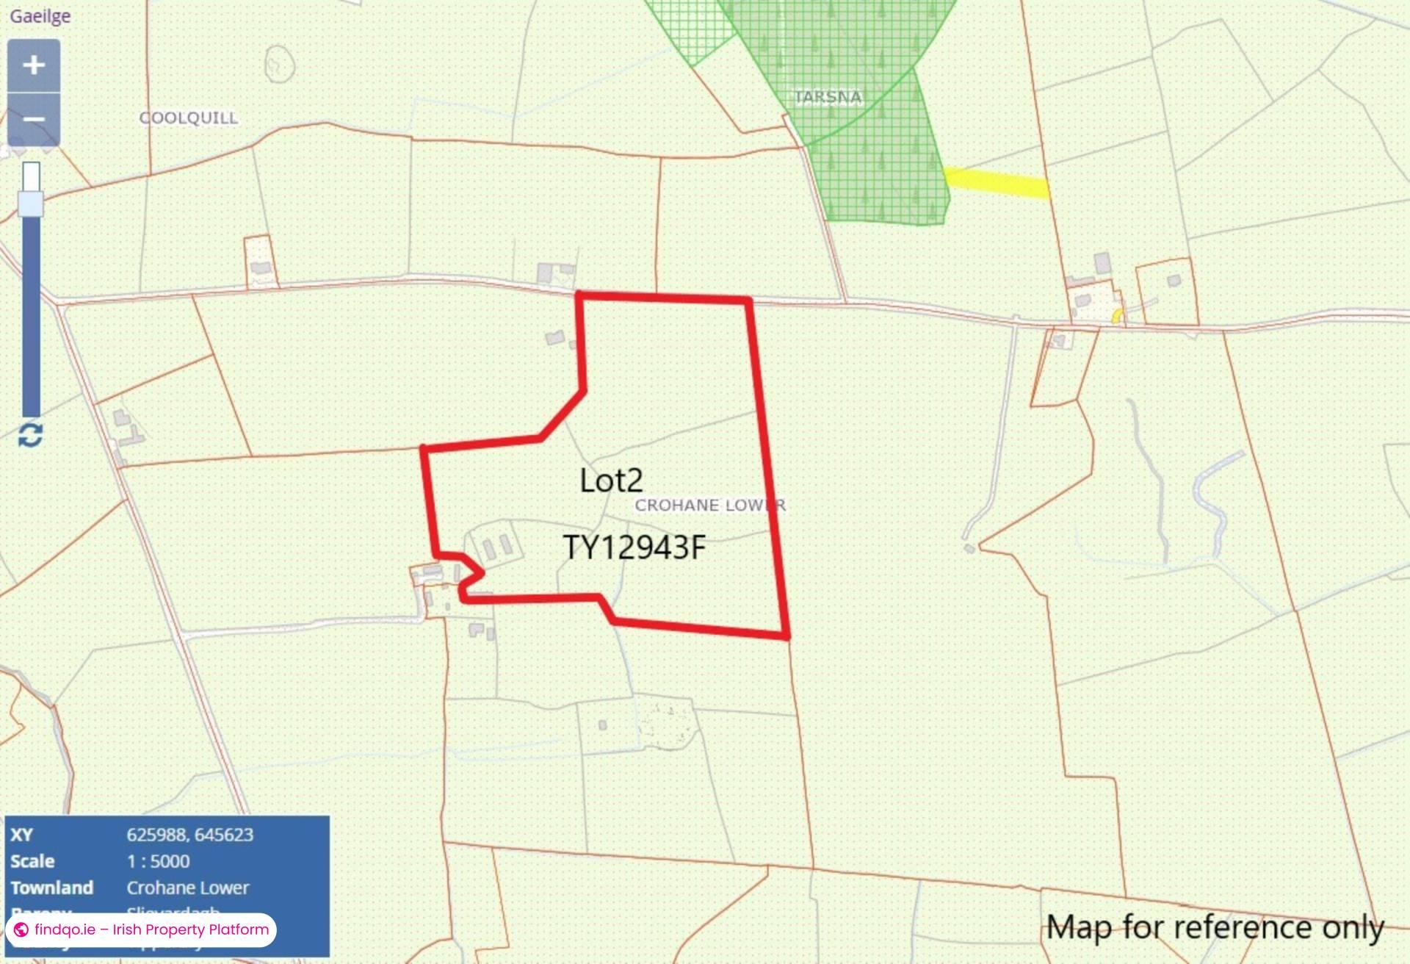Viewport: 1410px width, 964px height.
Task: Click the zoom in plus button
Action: [33, 65]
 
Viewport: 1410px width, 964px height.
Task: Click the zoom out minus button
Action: [33, 119]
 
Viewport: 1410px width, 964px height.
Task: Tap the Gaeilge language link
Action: [40, 16]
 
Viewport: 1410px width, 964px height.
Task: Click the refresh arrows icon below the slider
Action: [30, 435]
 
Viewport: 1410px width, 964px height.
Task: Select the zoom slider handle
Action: [31, 204]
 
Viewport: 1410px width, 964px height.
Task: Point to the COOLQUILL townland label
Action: [189, 118]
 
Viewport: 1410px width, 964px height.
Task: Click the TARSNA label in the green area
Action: [828, 97]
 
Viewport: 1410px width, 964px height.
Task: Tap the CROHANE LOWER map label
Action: [709, 506]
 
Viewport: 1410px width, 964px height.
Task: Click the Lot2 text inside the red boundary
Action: [611, 481]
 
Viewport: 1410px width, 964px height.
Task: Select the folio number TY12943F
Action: [634, 547]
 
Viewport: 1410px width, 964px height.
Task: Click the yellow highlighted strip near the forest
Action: [997, 183]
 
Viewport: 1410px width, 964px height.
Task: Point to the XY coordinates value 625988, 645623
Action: [189, 835]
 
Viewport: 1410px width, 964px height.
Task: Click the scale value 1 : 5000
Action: [158, 861]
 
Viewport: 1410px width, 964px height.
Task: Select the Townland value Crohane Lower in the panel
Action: [187, 888]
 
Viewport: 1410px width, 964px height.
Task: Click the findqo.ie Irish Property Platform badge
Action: [141, 929]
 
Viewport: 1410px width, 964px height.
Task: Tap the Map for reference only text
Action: [1215, 927]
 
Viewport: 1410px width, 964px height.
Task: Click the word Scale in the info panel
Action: [32, 861]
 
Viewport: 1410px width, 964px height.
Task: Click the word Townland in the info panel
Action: [51, 888]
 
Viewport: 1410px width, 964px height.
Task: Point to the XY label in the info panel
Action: [21, 835]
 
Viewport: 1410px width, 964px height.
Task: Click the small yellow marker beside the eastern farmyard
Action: [1117, 317]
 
